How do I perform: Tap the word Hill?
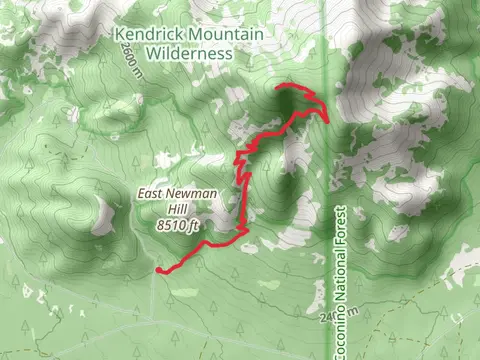(178, 211)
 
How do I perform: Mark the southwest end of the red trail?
(160, 270)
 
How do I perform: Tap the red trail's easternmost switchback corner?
(326, 118)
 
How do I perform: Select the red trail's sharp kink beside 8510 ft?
(244, 230)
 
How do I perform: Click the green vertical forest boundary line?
(327, 180)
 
